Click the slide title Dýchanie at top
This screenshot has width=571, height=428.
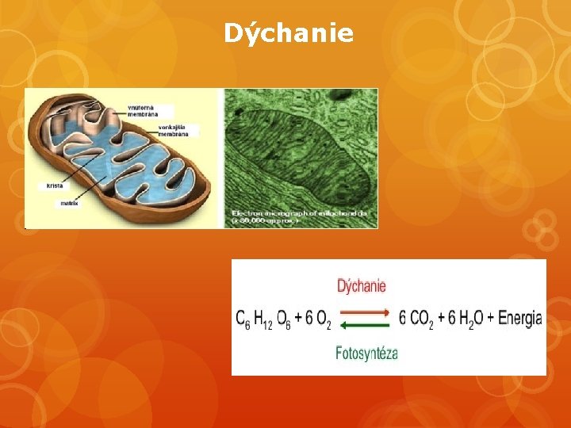[x=288, y=33]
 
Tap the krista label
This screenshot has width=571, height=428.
[x=55, y=185]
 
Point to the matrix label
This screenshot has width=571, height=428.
[x=69, y=203]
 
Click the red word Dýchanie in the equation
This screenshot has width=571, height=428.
[x=362, y=285]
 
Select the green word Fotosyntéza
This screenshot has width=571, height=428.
[x=366, y=352]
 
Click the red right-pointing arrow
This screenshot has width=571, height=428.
[x=366, y=312]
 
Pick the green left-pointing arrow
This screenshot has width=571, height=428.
[x=366, y=323]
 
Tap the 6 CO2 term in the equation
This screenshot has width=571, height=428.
[x=416, y=319]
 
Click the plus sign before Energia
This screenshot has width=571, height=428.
[x=490, y=319]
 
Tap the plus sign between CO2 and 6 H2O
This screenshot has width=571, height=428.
[x=441, y=319]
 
